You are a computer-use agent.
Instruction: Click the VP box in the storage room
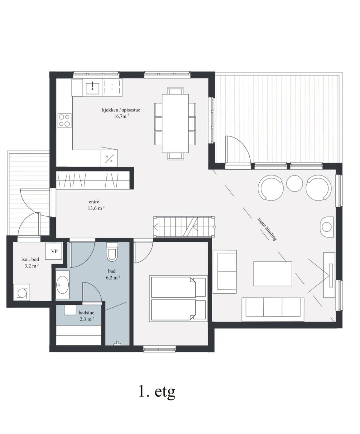54,251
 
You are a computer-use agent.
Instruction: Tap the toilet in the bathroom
112,251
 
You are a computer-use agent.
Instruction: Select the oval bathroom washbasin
63,284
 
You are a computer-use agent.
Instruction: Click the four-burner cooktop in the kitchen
64,121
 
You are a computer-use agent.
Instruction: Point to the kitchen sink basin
93,88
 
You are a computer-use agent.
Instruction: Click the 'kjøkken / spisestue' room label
121,110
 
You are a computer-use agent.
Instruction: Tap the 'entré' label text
94,202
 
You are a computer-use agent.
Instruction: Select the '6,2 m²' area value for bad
113,278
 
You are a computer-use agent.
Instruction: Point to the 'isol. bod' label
30,259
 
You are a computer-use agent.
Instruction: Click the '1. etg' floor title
157,392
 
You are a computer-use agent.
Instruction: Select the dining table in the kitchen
175,123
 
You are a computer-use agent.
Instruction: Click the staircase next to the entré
184,227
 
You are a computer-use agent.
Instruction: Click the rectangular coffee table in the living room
273,274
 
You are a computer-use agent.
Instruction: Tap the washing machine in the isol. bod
22,292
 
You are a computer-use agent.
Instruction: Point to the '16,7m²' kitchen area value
121,116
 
